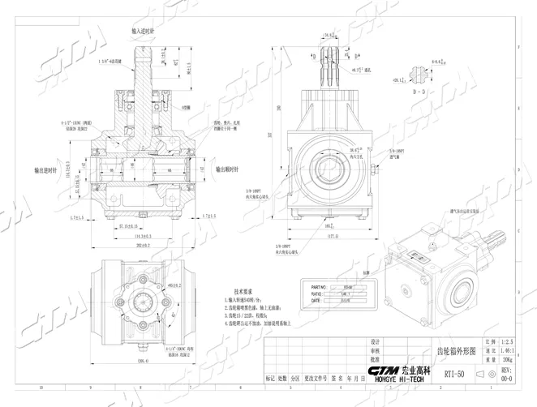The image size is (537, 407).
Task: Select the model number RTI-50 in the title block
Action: [453, 374]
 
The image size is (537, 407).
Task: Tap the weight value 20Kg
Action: [507, 358]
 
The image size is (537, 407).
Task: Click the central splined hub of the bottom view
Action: [144, 304]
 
